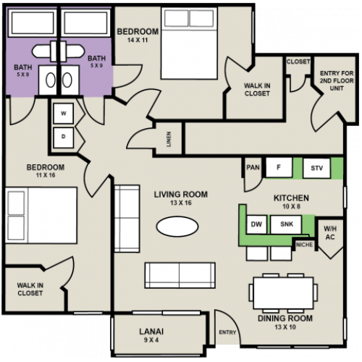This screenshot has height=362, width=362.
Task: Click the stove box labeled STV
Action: tap(316, 168)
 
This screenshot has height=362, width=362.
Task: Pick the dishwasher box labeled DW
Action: tap(255, 225)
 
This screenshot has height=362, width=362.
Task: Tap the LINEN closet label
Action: tap(169, 139)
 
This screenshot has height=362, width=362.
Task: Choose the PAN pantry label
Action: tap(253, 168)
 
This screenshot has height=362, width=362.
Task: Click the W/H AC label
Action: tap(330, 232)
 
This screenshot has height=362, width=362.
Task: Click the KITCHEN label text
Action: tap(291, 198)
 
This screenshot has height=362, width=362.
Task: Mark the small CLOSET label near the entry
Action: tap(298, 62)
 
